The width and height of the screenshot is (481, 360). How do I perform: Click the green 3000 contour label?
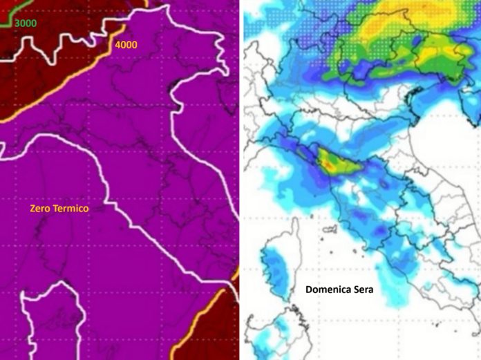tap(26, 23)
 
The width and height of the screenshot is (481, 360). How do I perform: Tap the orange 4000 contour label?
tap(126, 45)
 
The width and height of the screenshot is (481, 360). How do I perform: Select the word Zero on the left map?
tap(41, 208)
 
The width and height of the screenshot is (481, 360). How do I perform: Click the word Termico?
tap(73, 208)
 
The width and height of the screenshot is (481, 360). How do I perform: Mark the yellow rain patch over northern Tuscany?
tap(330, 163)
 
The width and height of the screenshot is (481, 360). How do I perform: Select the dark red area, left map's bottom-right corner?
tap(221, 332)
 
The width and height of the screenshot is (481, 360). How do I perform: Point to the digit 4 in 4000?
tap(118, 45)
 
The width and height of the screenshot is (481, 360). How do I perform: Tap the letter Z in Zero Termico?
tap(32, 208)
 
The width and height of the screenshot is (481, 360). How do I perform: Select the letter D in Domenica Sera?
tap(309, 290)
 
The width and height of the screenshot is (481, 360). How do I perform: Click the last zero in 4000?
tap(134, 45)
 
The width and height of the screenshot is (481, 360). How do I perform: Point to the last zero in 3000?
tap(35, 23)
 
